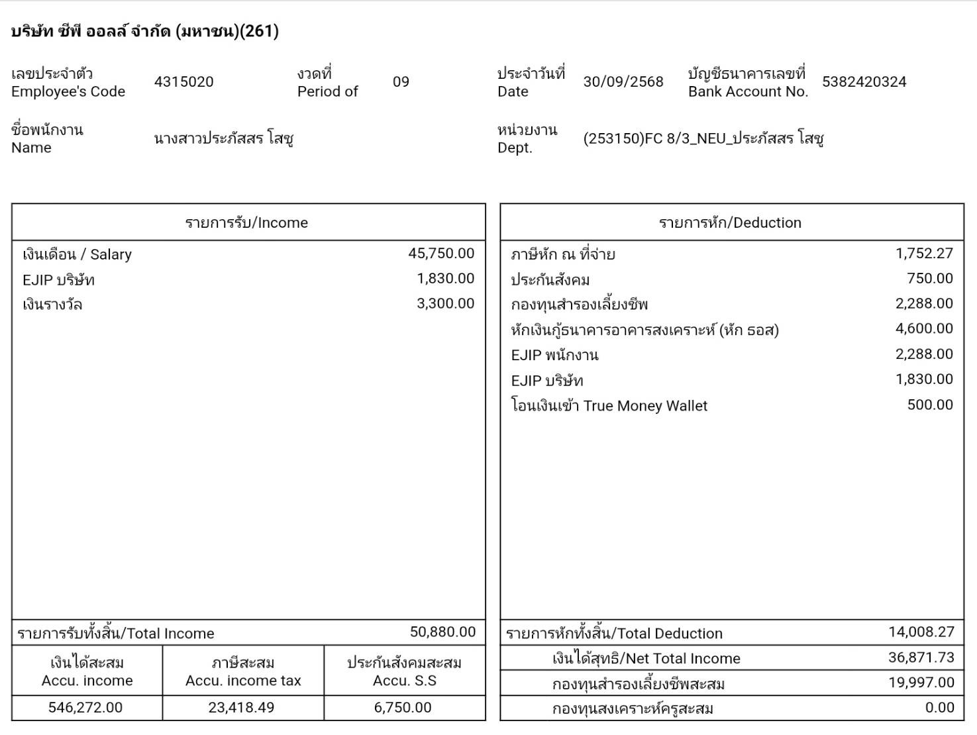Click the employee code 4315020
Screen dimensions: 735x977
tap(183, 82)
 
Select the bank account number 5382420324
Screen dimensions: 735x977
tap(864, 82)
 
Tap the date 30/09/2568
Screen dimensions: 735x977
tap(623, 82)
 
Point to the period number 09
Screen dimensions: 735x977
tap(401, 82)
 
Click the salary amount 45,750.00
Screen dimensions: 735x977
tap(441, 254)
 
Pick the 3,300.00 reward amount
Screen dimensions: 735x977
tap(445, 304)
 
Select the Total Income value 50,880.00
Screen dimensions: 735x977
tap(442, 632)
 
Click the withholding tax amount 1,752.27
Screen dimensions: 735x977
tap(924, 254)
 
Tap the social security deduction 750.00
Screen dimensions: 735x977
tap(930, 279)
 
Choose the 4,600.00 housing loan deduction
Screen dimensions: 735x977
tap(924, 329)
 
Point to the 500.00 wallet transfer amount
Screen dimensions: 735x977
tap(930, 405)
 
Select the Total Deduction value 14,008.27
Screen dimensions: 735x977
tap(921, 632)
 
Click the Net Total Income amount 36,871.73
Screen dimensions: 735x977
tap(921, 658)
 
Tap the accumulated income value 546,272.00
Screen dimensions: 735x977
tap(85, 708)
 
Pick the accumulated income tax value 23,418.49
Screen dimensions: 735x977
tap(241, 708)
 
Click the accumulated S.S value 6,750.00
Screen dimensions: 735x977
tap(403, 708)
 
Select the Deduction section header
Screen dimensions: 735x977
tap(730, 222)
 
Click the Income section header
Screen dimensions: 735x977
tap(246, 222)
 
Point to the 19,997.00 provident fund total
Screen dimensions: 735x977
tap(921, 683)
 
